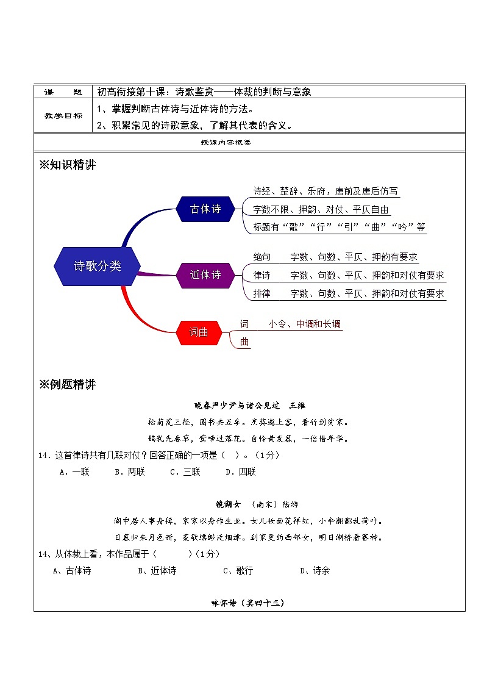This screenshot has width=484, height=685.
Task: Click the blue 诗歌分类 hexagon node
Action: click(98, 267)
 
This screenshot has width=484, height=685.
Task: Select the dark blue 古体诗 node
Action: click(206, 209)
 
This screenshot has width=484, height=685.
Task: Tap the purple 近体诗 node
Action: click(206, 275)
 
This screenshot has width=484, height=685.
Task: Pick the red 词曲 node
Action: click(199, 332)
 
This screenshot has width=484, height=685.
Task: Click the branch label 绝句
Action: click(262, 257)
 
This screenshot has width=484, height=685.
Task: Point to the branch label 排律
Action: click(262, 293)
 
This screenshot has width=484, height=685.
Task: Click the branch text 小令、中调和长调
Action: click(305, 324)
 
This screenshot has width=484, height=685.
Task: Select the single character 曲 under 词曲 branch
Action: click(244, 343)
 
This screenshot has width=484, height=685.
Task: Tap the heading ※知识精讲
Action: click(67, 165)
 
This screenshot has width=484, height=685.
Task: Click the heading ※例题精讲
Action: click(67, 384)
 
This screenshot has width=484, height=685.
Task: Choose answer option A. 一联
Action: click(75, 472)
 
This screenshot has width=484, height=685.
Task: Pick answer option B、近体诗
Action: click(157, 571)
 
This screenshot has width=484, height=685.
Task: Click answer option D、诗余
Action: click(315, 571)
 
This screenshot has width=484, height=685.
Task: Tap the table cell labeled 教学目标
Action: click(63, 116)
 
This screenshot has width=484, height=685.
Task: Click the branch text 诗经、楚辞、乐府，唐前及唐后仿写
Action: click(326, 192)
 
